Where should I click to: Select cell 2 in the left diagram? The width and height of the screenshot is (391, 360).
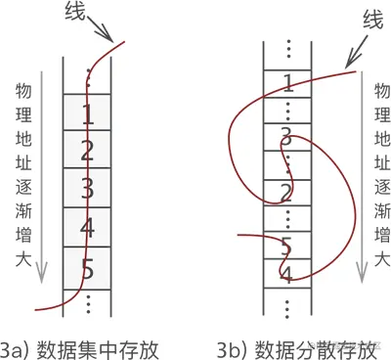[88, 151]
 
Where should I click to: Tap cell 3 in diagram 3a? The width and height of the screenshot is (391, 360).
[88, 189]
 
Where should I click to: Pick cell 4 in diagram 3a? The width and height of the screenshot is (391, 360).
[88, 227]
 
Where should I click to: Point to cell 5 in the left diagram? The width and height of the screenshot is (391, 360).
[88, 265]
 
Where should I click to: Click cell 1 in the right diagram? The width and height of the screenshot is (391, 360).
[287, 81]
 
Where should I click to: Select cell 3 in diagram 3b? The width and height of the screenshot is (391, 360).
[287, 135]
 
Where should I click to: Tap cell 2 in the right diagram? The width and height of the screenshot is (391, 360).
[287, 190]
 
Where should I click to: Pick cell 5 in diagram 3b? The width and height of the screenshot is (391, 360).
[287, 245]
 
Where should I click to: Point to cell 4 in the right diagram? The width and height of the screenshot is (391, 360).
[287, 273]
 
